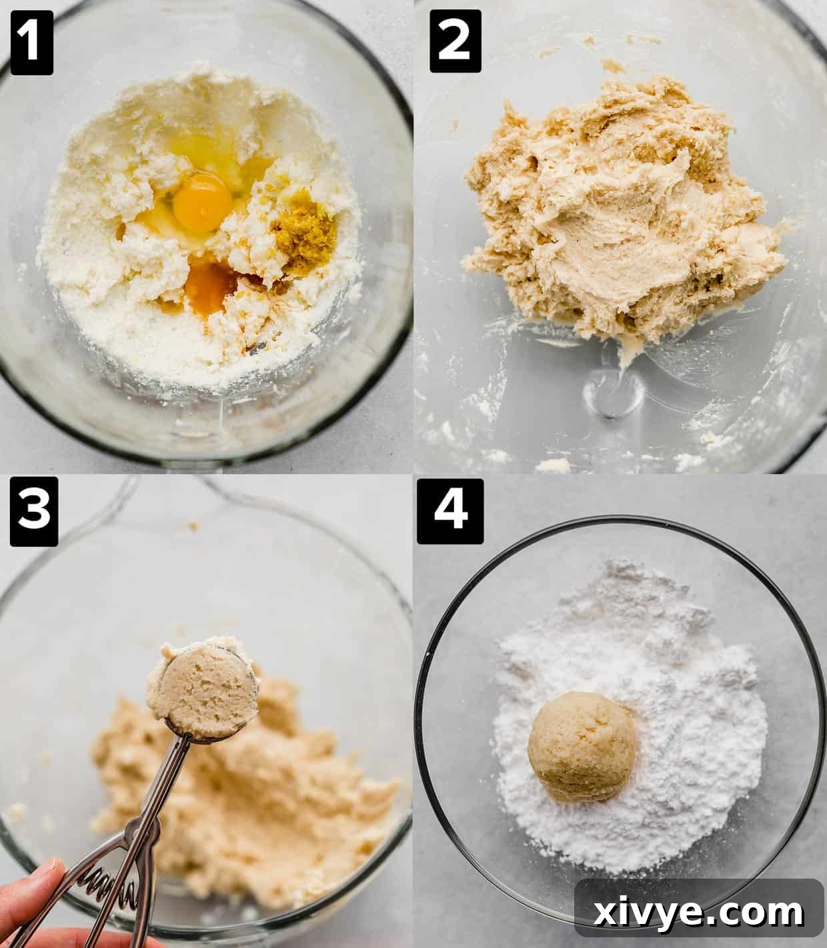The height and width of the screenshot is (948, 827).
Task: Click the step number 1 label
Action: tap(31, 41)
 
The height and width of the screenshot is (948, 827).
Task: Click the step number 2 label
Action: tap(456, 41)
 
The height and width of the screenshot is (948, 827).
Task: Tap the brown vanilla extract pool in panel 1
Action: tap(212, 286)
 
